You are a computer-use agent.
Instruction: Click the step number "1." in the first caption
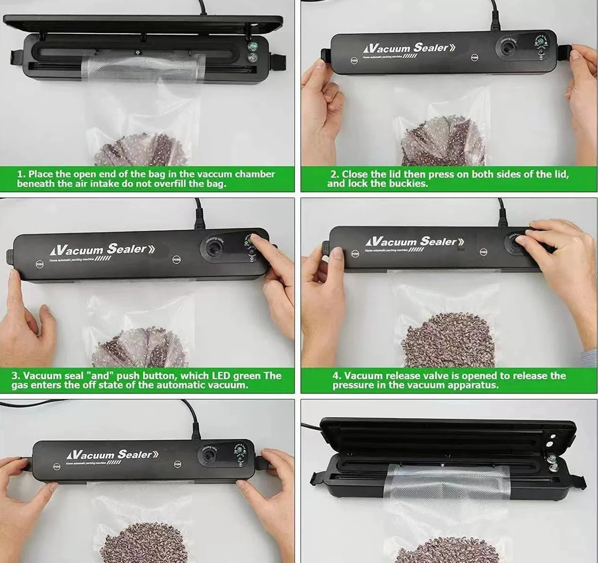click(21, 174)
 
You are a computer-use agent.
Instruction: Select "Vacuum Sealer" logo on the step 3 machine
click(100, 249)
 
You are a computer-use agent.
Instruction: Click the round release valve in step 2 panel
click(507, 48)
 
